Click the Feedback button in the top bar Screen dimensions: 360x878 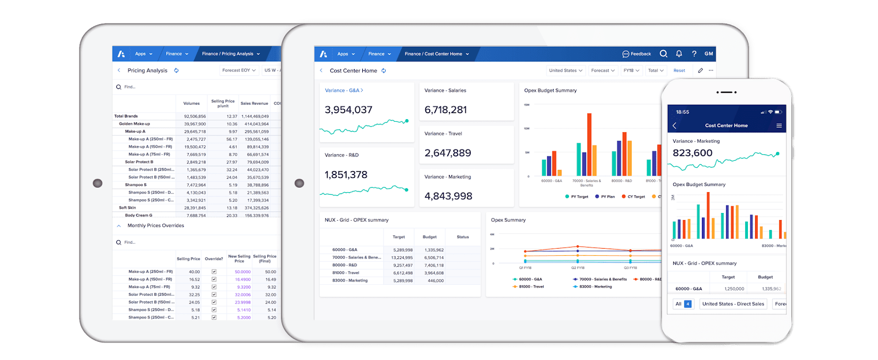point(637,54)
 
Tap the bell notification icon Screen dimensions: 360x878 point(679,54)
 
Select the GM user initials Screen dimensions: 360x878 point(708,54)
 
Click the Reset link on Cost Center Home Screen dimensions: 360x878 point(679,71)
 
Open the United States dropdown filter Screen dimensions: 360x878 point(565,71)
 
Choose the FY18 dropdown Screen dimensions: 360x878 point(631,71)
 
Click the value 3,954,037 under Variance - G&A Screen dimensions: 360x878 point(348,110)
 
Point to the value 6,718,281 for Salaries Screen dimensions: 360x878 point(446,110)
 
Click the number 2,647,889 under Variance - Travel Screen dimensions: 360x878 point(448,153)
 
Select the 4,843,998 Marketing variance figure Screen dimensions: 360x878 point(448,196)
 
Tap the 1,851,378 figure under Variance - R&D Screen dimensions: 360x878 point(346,175)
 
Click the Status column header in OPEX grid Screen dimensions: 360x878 point(463,237)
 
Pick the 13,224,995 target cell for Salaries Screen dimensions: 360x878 point(402,258)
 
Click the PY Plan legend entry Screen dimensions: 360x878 point(605,196)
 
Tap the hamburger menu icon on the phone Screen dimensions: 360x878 point(779,126)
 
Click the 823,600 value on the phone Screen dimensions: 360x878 point(693,153)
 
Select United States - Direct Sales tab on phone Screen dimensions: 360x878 point(733,304)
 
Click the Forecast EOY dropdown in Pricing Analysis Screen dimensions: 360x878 point(239,70)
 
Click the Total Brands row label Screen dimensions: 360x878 point(126,116)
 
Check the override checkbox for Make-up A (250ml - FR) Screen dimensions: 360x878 point(214,272)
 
